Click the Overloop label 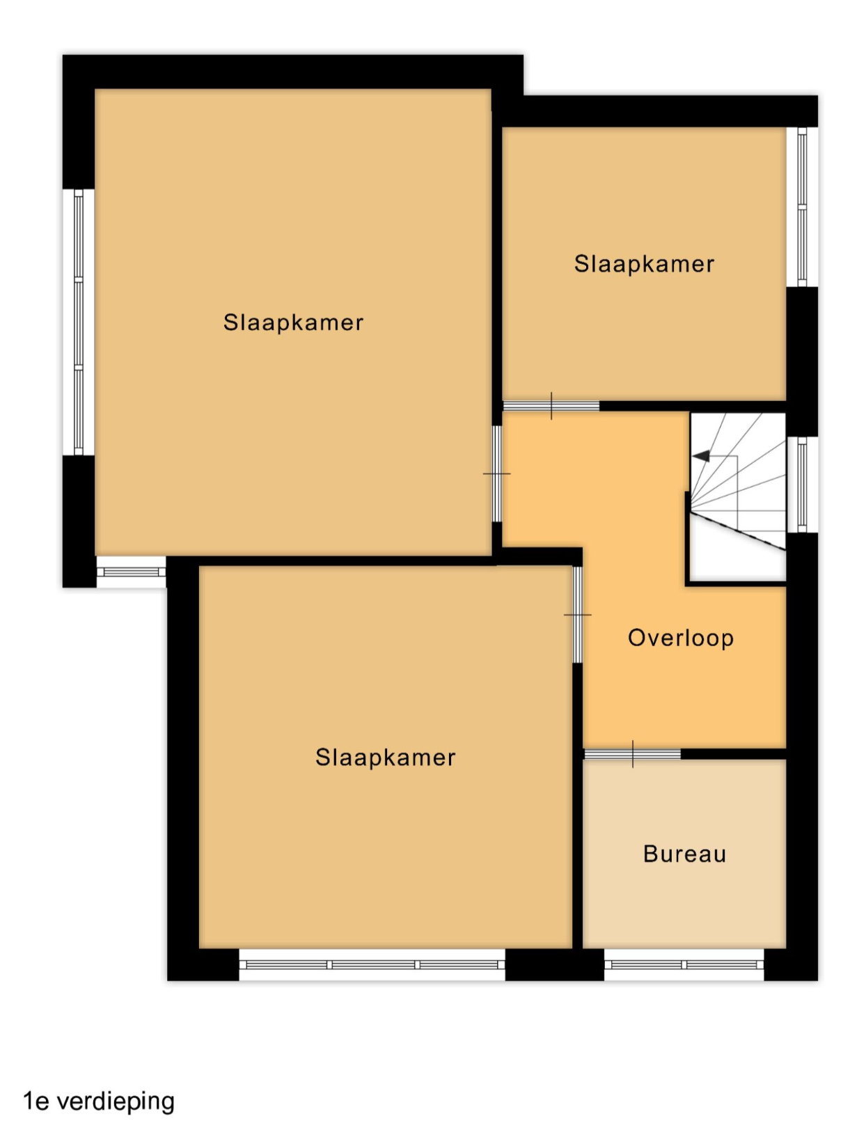[x=680, y=638]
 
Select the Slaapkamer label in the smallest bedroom [x=644, y=264]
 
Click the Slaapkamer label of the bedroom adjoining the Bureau [x=386, y=758]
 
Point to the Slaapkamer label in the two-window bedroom [x=293, y=322]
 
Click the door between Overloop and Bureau [x=632, y=753]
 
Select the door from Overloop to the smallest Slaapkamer [x=551, y=406]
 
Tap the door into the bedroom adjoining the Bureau [x=577, y=615]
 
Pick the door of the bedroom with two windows [x=496, y=473]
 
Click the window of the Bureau [x=684, y=964]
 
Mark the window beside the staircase [x=802, y=485]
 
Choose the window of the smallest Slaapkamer [x=802, y=207]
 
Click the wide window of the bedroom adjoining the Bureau [x=372, y=964]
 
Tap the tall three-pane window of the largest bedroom [x=79, y=322]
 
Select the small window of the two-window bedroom [x=132, y=572]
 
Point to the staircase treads [x=737, y=496]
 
